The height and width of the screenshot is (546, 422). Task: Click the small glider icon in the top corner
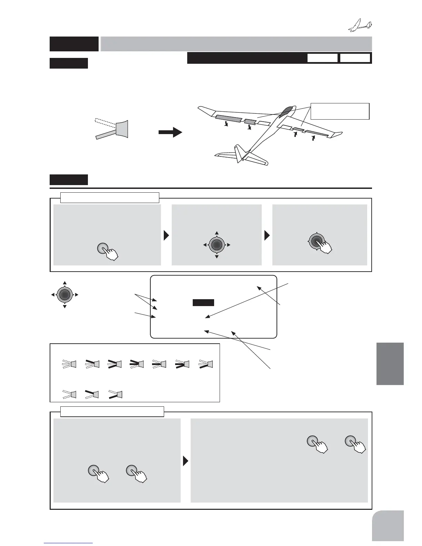click(361, 26)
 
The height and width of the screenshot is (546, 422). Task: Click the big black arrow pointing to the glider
click(170, 132)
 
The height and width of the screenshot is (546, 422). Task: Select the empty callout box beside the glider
click(340, 111)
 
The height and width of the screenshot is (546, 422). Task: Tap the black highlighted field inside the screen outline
click(203, 303)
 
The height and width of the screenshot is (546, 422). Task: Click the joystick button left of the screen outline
click(64, 295)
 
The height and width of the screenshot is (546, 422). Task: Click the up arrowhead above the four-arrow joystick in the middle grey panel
click(217, 233)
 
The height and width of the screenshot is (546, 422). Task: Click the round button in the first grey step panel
click(103, 249)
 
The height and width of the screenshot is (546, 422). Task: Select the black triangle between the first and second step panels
click(166, 235)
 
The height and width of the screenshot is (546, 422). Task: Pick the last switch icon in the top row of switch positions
click(206, 364)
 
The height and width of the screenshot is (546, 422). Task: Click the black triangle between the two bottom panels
click(185, 461)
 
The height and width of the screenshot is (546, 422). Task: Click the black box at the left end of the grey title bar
click(74, 44)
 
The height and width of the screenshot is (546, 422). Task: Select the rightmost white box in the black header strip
click(355, 58)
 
